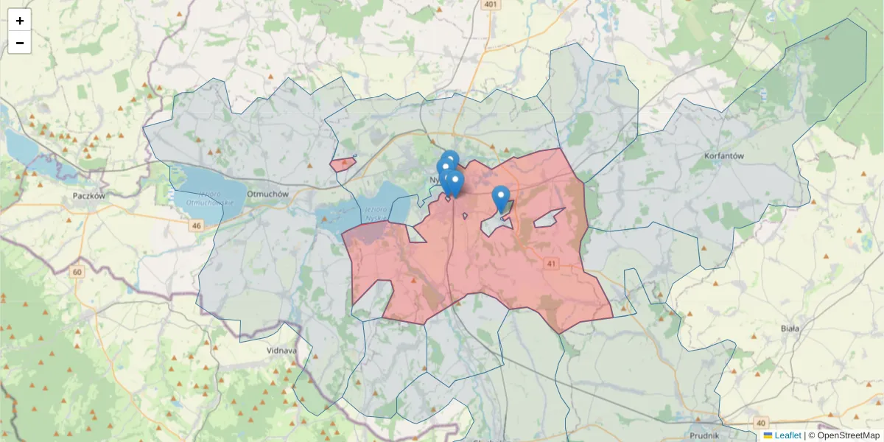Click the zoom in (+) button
pos(20,21)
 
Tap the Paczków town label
pos(90,196)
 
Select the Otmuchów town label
pos(266,194)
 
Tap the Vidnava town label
pos(281,350)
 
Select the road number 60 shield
pos(77,272)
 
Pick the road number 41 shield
pos(552,263)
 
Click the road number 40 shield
pos(738,353)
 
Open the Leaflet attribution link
pos(787,435)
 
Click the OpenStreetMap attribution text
pos(848,435)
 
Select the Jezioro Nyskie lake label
pos(375,213)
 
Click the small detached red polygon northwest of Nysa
pos(342,164)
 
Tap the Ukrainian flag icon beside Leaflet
pos(768,435)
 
